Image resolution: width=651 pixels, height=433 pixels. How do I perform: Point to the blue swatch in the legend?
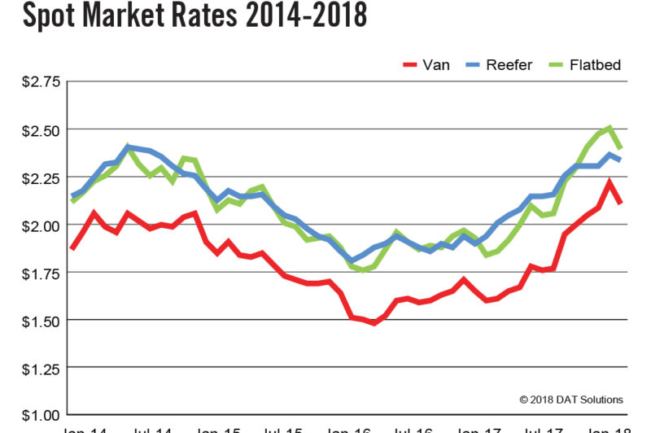(x=474, y=64)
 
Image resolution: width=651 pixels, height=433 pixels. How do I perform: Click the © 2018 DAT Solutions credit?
(x=571, y=400)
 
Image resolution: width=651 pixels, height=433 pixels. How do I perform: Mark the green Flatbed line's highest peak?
(x=609, y=128)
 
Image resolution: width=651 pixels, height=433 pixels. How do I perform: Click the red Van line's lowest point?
(x=374, y=323)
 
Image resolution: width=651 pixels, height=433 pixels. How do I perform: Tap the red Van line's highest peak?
(x=609, y=183)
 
